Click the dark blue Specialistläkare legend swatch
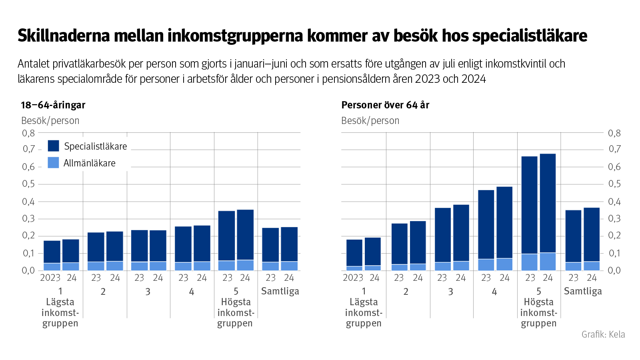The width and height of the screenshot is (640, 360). [53, 146]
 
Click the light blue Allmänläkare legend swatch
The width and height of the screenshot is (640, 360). [53, 162]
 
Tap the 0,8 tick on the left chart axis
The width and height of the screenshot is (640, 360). [28, 133]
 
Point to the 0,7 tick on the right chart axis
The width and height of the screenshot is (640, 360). [614, 149]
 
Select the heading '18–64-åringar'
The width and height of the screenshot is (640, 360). [53, 105]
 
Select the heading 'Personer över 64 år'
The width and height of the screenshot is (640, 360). [385, 105]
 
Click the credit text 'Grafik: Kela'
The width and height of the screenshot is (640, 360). [603, 334]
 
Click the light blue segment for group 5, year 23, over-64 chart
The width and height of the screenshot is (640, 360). [530, 262]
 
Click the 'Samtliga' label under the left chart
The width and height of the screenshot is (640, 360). [280, 291]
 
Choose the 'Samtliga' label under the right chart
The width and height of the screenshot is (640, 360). [583, 291]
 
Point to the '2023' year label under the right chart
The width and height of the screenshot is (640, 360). [353, 278]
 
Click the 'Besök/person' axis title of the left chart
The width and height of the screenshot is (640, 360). [50, 120]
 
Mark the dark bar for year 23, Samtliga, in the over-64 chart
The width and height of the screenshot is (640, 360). [573, 236]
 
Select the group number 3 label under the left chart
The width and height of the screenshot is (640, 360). [148, 292]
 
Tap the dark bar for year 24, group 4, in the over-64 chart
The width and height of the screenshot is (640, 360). [504, 222]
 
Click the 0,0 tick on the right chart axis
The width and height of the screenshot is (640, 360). [614, 270]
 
